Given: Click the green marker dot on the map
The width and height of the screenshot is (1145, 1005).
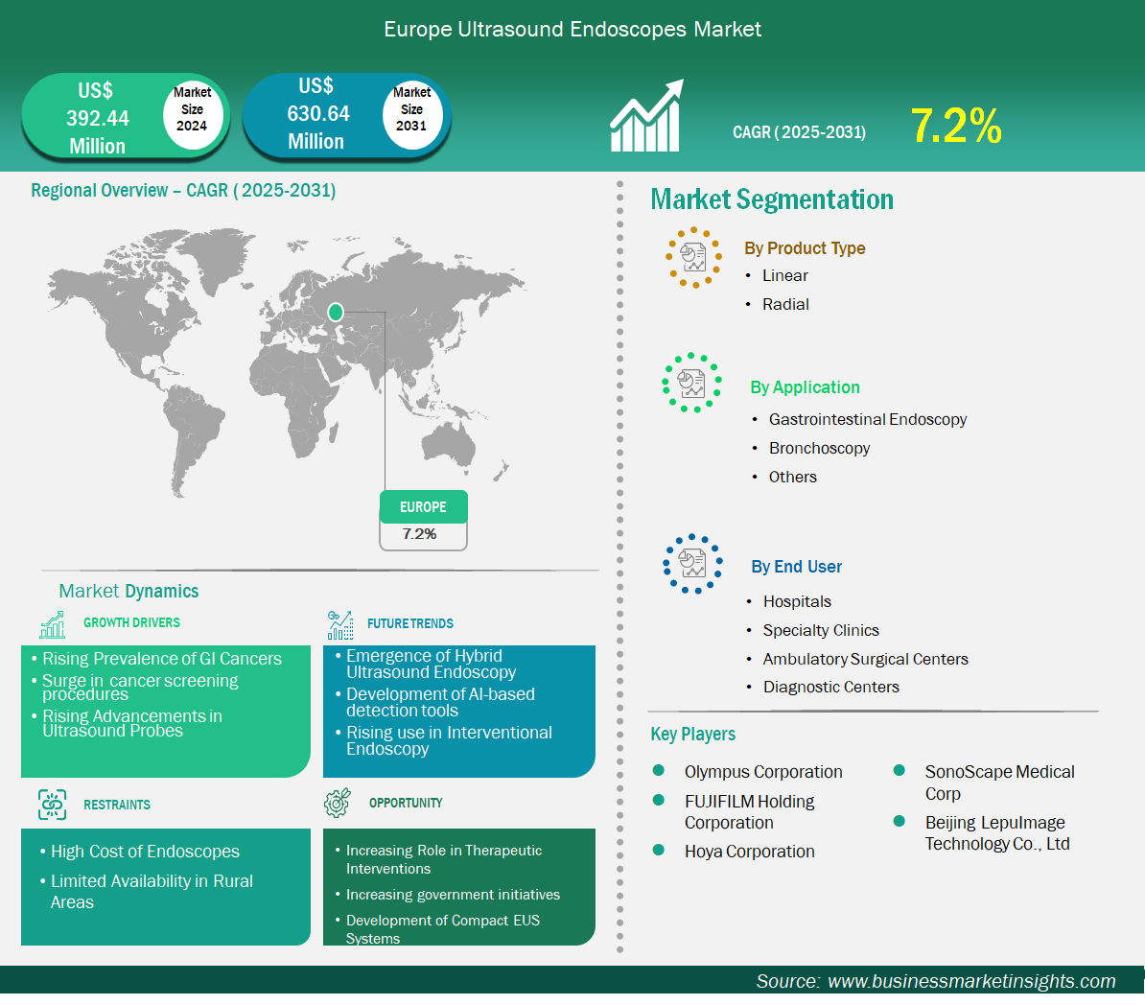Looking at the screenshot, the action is (336, 313).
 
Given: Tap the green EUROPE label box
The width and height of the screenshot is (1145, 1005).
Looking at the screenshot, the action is (424, 507).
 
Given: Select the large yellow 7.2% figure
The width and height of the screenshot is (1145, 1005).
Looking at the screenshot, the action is (956, 126).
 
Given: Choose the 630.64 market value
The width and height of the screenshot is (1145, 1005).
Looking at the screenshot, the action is (318, 114).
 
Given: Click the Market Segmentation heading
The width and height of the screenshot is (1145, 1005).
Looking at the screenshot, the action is (772, 199).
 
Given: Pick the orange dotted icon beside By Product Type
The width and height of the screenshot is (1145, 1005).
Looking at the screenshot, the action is (693, 258).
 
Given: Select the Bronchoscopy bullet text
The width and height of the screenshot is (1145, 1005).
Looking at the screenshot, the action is (819, 449).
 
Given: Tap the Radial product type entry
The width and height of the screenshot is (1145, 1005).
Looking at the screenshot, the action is (785, 305).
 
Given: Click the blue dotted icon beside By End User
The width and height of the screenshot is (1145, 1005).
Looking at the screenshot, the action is (692, 564).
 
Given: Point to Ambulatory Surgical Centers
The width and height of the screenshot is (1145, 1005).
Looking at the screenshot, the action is (865, 659).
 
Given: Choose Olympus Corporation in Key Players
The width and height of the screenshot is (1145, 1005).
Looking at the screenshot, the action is (763, 772).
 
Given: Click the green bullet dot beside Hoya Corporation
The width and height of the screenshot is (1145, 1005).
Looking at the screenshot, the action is (659, 851).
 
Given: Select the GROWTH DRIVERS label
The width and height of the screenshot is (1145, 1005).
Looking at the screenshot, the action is (131, 623).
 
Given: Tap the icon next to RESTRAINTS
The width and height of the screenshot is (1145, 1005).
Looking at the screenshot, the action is (52, 805).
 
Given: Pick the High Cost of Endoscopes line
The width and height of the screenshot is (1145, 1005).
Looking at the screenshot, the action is (146, 852).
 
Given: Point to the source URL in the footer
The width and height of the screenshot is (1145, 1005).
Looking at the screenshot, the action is (971, 982).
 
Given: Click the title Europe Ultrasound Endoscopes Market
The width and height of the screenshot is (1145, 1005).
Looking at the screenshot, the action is (572, 29).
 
